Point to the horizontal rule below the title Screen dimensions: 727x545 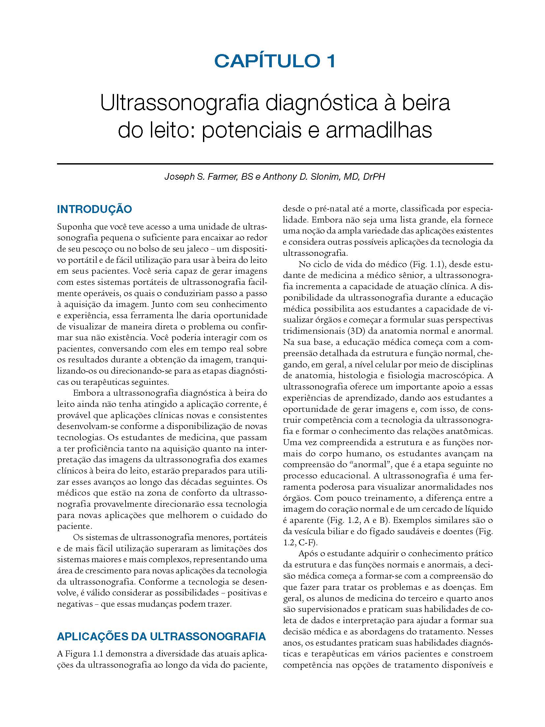(x=275, y=164)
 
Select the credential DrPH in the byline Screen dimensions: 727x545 (x=374, y=177)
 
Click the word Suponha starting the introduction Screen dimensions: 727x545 (x=73, y=227)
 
